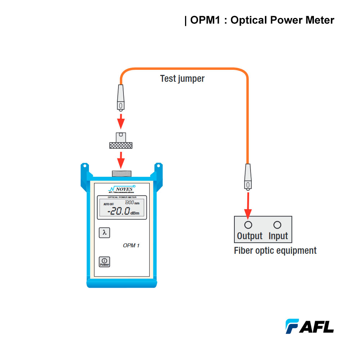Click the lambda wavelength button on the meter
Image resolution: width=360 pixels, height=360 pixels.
pos(104,233)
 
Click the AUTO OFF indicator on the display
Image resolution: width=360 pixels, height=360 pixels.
pos(108,204)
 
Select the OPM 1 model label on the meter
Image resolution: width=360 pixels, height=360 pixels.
pos(131,246)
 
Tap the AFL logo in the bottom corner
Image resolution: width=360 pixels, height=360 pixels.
pos(310,326)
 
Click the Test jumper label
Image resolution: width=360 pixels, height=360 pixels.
pos(182,78)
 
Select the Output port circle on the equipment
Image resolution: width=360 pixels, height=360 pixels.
pos(248,225)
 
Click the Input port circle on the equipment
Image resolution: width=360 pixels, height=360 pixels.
pos(277,225)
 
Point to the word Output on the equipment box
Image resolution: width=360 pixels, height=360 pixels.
pos(250,236)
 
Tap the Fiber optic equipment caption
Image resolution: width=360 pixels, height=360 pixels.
pos(275,251)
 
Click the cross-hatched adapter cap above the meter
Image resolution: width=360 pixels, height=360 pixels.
pos(121,145)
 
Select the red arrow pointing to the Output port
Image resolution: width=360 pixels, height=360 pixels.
pos(248,205)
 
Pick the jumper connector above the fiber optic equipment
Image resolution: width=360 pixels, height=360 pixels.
pos(248,178)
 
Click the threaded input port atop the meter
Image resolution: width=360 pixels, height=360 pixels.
pos(121,174)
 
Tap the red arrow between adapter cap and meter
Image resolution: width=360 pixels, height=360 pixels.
pos(121,159)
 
